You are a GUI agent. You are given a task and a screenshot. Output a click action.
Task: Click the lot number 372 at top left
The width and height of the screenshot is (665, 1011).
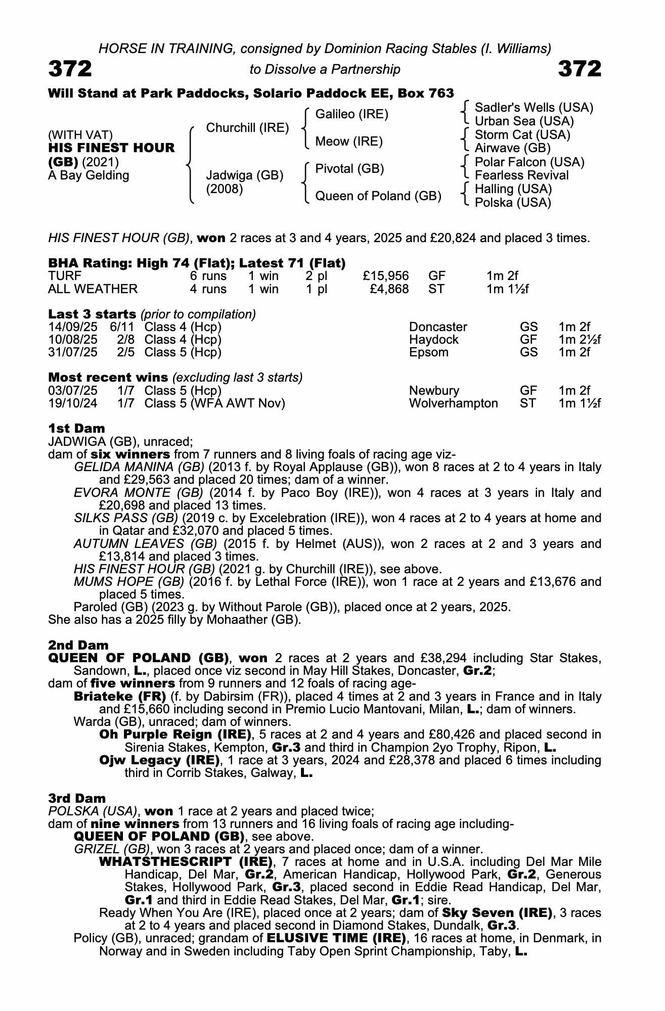tap(70, 69)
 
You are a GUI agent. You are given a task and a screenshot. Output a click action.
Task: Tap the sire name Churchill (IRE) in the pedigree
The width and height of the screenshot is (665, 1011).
tap(247, 128)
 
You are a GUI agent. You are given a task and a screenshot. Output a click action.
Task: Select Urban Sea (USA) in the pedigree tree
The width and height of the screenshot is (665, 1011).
tap(524, 121)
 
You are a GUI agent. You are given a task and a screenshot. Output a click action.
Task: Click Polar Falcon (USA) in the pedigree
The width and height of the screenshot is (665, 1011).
tap(529, 162)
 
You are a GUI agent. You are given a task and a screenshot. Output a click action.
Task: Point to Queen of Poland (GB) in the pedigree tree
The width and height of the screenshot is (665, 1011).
tap(378, 196)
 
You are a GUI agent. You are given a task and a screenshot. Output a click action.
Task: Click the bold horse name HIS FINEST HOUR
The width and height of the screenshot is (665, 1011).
tap(111, 148)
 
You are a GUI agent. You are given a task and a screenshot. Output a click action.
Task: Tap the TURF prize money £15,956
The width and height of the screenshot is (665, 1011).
tap(386, 276)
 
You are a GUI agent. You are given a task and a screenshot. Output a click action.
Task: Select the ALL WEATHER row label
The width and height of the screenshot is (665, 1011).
tap(93, 289)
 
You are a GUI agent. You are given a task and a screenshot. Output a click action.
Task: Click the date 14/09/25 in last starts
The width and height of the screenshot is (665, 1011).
tap(73, 327)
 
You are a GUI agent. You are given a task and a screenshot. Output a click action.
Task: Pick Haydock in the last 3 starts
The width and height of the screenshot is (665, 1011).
tap(433, 340)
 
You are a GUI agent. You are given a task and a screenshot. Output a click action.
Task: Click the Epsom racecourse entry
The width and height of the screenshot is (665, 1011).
tap(428, 352)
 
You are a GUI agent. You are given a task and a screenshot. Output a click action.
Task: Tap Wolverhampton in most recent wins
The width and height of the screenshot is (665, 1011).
tap(453, 403)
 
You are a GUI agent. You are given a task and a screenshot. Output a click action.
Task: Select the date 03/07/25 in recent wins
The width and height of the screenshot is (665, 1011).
tap(73, 391)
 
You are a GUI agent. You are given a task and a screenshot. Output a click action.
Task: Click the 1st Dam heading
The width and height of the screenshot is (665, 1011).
tap(76, 429)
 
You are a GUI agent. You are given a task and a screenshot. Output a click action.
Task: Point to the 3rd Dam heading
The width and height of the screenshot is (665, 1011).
tap(77, 798)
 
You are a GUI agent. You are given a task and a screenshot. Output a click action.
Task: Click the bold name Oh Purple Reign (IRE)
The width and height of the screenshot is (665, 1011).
tap(175, 734)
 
